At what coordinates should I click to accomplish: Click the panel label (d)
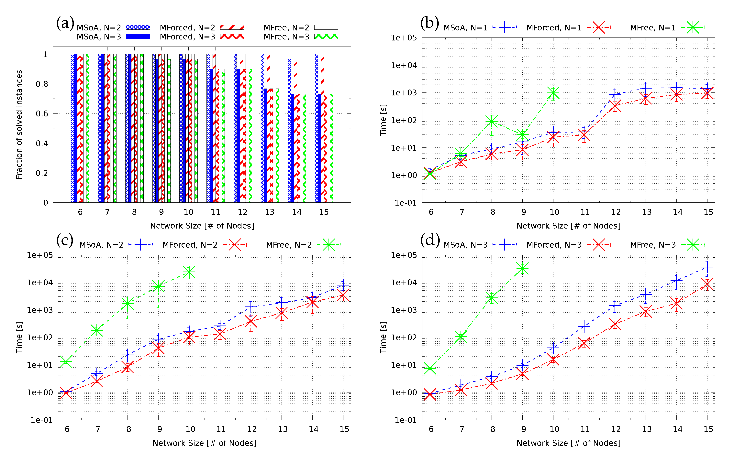[x=430, y=240]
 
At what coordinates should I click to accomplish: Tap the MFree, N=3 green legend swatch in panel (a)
[x=326, y=37]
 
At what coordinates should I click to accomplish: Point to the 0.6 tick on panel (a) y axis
[x=42, y=114]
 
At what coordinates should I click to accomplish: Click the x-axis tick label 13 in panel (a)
[x=270, y=212]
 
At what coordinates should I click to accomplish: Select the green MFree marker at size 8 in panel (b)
[x=491, y=121]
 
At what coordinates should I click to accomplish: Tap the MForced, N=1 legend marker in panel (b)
[x=599, y=27]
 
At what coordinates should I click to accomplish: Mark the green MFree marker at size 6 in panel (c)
[x=66, y=361]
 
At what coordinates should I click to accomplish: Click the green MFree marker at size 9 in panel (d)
[x=522, y=268]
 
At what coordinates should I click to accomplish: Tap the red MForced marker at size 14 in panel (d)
[x=676, y=304]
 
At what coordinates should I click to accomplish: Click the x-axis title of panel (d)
[x=568, y=443]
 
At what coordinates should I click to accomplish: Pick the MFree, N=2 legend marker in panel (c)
[x=329, y=244]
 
